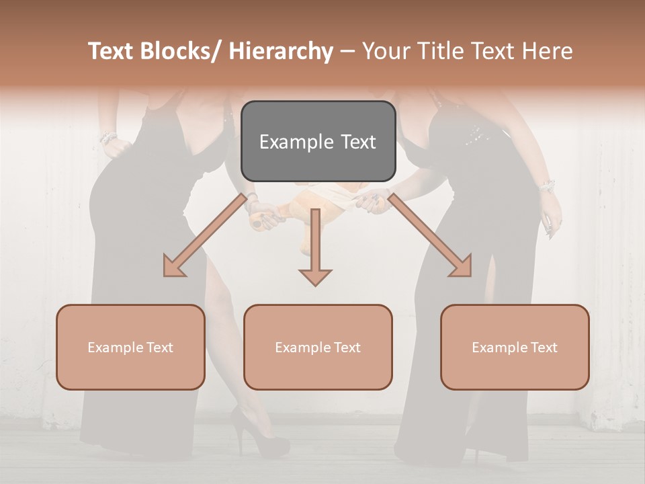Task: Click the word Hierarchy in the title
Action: [281, 52]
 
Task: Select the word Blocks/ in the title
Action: [180, 52]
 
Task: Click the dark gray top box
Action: [318, 141]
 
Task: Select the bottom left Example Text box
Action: [130, 347]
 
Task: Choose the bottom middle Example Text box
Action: [318, 347]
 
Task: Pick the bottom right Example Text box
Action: [515, 347]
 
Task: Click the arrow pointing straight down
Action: [315, 249]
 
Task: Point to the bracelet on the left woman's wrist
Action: [107, 138]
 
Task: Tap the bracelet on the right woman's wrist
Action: [547, 185]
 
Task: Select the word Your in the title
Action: [385, 52]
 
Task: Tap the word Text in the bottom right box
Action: [544, 348]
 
